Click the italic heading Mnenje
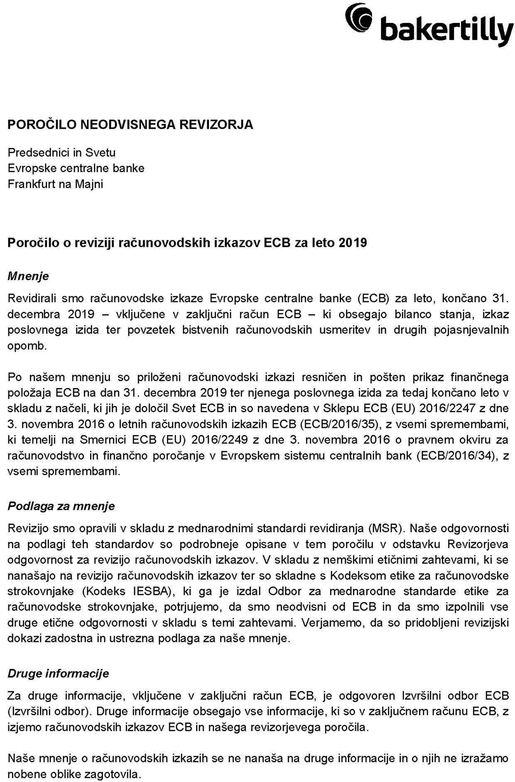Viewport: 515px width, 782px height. click(x=28, y=276)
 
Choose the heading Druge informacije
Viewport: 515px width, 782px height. click(x=58, y=674)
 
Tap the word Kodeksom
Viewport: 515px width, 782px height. click(x=358, y=575)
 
